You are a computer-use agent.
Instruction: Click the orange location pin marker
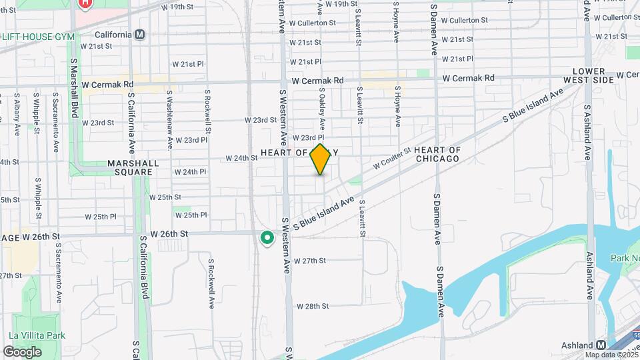[x=321, y=159]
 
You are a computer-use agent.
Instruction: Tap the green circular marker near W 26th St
[x=267, y=237]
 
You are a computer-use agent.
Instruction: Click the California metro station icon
[x=140, y=35]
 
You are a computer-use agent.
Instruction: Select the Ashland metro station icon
[x=601, y=345]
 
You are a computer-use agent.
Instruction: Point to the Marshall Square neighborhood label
[x=133, y=167]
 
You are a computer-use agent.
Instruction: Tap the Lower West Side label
[x=587, y=75]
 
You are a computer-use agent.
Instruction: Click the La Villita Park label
[x=37, y=335]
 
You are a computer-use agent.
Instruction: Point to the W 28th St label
[x=313, y=306]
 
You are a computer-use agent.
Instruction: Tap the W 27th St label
[x=309, y=261]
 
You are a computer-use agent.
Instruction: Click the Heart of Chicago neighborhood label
[x=437, y=154]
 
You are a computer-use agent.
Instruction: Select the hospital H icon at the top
[x=85, y=3]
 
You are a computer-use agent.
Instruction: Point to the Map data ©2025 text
[x=611, y=354]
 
